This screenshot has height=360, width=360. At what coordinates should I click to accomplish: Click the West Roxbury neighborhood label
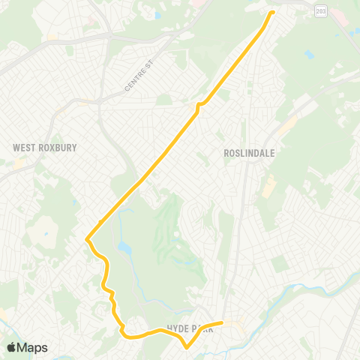45,148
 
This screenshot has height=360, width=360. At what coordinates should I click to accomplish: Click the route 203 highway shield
321,11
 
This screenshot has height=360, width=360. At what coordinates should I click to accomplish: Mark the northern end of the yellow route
271,12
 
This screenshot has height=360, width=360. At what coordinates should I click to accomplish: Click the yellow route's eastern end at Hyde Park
222,323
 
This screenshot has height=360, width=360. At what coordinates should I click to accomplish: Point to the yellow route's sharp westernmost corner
87,240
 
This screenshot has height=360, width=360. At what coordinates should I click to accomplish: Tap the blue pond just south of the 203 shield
310,54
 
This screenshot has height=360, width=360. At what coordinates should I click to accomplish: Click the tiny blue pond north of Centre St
157,15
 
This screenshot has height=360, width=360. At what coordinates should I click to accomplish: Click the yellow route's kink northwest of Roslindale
199,106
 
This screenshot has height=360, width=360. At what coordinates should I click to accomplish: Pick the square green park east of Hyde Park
279,264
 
